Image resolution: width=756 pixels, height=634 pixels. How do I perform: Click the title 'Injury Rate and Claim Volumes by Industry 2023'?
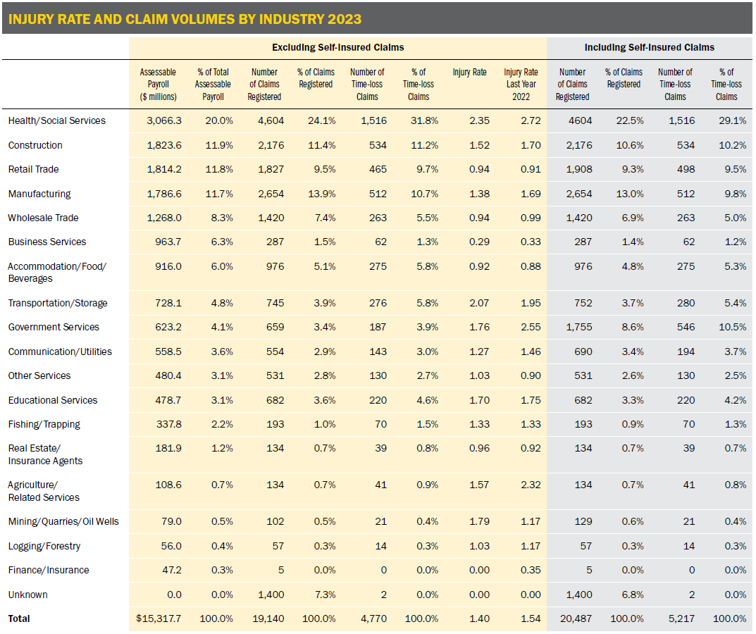(x=185, y=19)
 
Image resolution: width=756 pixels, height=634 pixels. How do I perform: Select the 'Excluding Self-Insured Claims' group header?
(x=338, y=47)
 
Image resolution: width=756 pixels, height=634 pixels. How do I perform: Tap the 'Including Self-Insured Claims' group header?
(x=650, y=47)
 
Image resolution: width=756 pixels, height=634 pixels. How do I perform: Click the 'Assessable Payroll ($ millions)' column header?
(x=158, y=85)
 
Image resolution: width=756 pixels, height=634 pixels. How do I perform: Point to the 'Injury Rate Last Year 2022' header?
(x=521, y=85)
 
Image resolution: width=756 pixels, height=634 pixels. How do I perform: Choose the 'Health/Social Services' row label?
(x=57, y=120)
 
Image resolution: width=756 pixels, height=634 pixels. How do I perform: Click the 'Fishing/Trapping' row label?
(x=44, y=424)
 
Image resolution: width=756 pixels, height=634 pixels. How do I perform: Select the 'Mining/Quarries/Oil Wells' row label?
(x=63, y=522)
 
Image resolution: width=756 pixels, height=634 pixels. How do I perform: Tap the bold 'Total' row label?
(x=20, y=619)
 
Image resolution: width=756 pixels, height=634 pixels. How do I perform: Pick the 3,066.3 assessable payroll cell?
(x=163, y=120)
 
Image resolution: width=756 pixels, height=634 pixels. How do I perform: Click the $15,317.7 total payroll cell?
(x=159, y=619)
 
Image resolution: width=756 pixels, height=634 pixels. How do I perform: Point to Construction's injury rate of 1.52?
(x=479, y=145)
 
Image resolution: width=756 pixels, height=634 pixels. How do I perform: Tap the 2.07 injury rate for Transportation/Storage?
(x=479, y=303)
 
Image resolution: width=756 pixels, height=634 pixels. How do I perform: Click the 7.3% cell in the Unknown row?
(x=321, y=595)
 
